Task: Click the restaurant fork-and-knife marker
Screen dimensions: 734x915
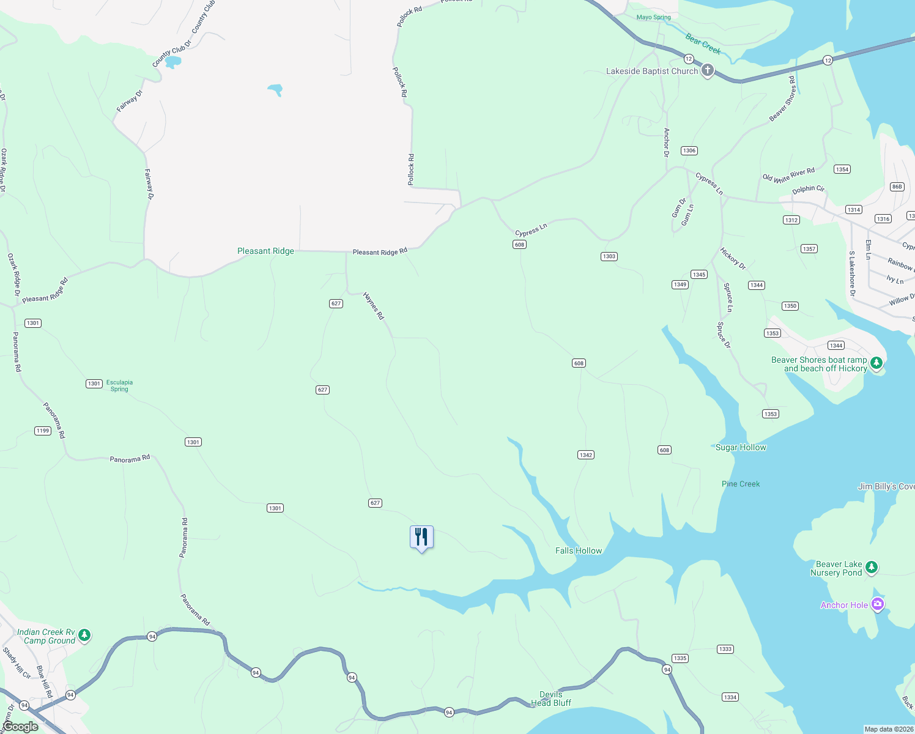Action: click(421, 538)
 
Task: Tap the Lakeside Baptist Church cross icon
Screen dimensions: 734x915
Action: click(707, 71)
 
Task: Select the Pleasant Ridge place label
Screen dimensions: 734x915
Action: click(265, 251)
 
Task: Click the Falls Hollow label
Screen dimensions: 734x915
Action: click(579, 550)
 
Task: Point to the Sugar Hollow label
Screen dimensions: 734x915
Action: click(741, 447)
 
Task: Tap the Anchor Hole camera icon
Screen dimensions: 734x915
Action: click(878, 605)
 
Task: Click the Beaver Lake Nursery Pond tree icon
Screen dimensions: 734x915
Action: click(872, 568)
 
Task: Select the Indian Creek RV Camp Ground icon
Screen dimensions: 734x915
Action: click(84, 636)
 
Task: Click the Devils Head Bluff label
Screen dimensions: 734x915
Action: click(551, 699)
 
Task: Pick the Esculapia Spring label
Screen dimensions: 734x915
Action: click(119, 385)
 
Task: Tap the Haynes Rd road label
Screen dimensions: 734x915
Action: click(373, 306)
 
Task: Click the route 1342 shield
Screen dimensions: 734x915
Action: click(585, 454)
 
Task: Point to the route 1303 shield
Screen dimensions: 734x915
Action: click(609, 256)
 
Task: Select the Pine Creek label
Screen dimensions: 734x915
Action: click(741, 484)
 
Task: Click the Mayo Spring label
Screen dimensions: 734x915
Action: click(653, 17)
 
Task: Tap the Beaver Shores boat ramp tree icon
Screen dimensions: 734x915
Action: click(876, 363)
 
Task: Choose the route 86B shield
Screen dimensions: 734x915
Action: click(897, 187)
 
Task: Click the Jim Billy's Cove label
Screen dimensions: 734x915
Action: click(886, 486)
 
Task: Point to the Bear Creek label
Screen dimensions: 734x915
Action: click(703, 43)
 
